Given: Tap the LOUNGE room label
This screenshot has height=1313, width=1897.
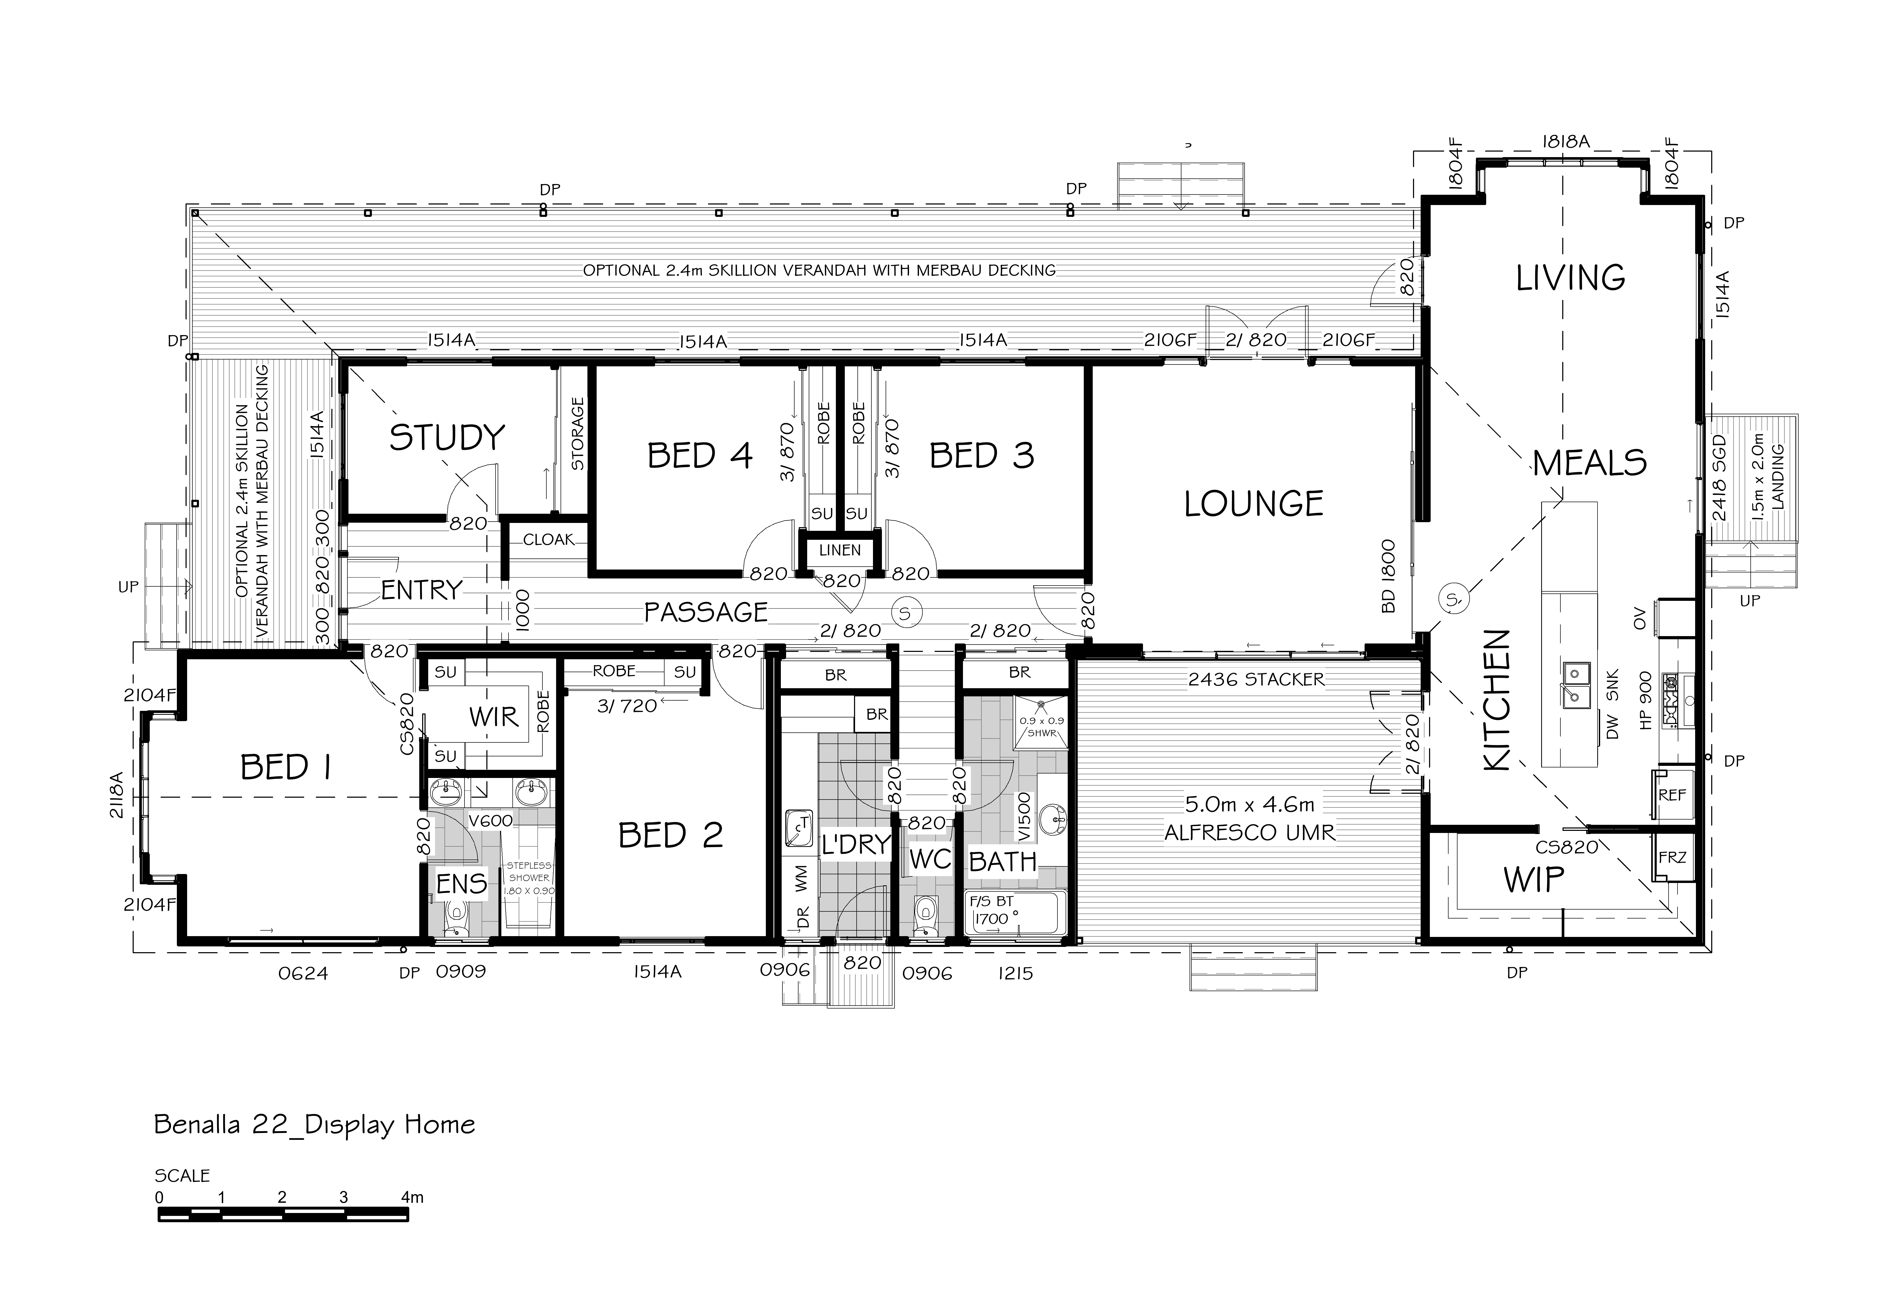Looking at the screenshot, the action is tap(1254, 503).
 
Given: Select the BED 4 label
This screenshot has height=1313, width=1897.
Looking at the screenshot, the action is tap(700, 456).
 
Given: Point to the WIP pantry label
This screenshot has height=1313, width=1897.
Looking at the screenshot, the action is tap(1533, 880).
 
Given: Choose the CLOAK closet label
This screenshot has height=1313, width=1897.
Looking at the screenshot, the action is tap(549, 540).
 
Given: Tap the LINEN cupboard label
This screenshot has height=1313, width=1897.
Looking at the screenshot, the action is tap(840, 550).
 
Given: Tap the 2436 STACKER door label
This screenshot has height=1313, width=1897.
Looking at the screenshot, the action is tap(1256, 680).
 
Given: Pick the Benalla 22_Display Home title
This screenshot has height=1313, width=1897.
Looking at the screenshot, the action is tap(315, 1125).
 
